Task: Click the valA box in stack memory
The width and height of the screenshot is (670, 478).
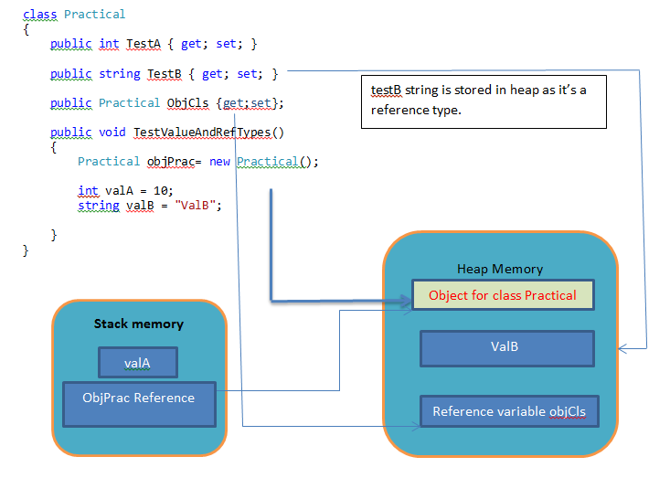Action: (138, 363)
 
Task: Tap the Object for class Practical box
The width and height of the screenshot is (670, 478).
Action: (503, 295)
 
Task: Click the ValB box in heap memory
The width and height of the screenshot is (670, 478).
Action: (506, 347)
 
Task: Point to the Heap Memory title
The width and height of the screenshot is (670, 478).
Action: (500, 269)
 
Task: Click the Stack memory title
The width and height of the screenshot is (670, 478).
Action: (139, 324)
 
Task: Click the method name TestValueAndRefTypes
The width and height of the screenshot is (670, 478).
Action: (203, 132)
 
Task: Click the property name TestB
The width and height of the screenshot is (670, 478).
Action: (169, 73)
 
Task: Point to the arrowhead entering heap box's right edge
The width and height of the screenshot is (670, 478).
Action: (622, 347)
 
